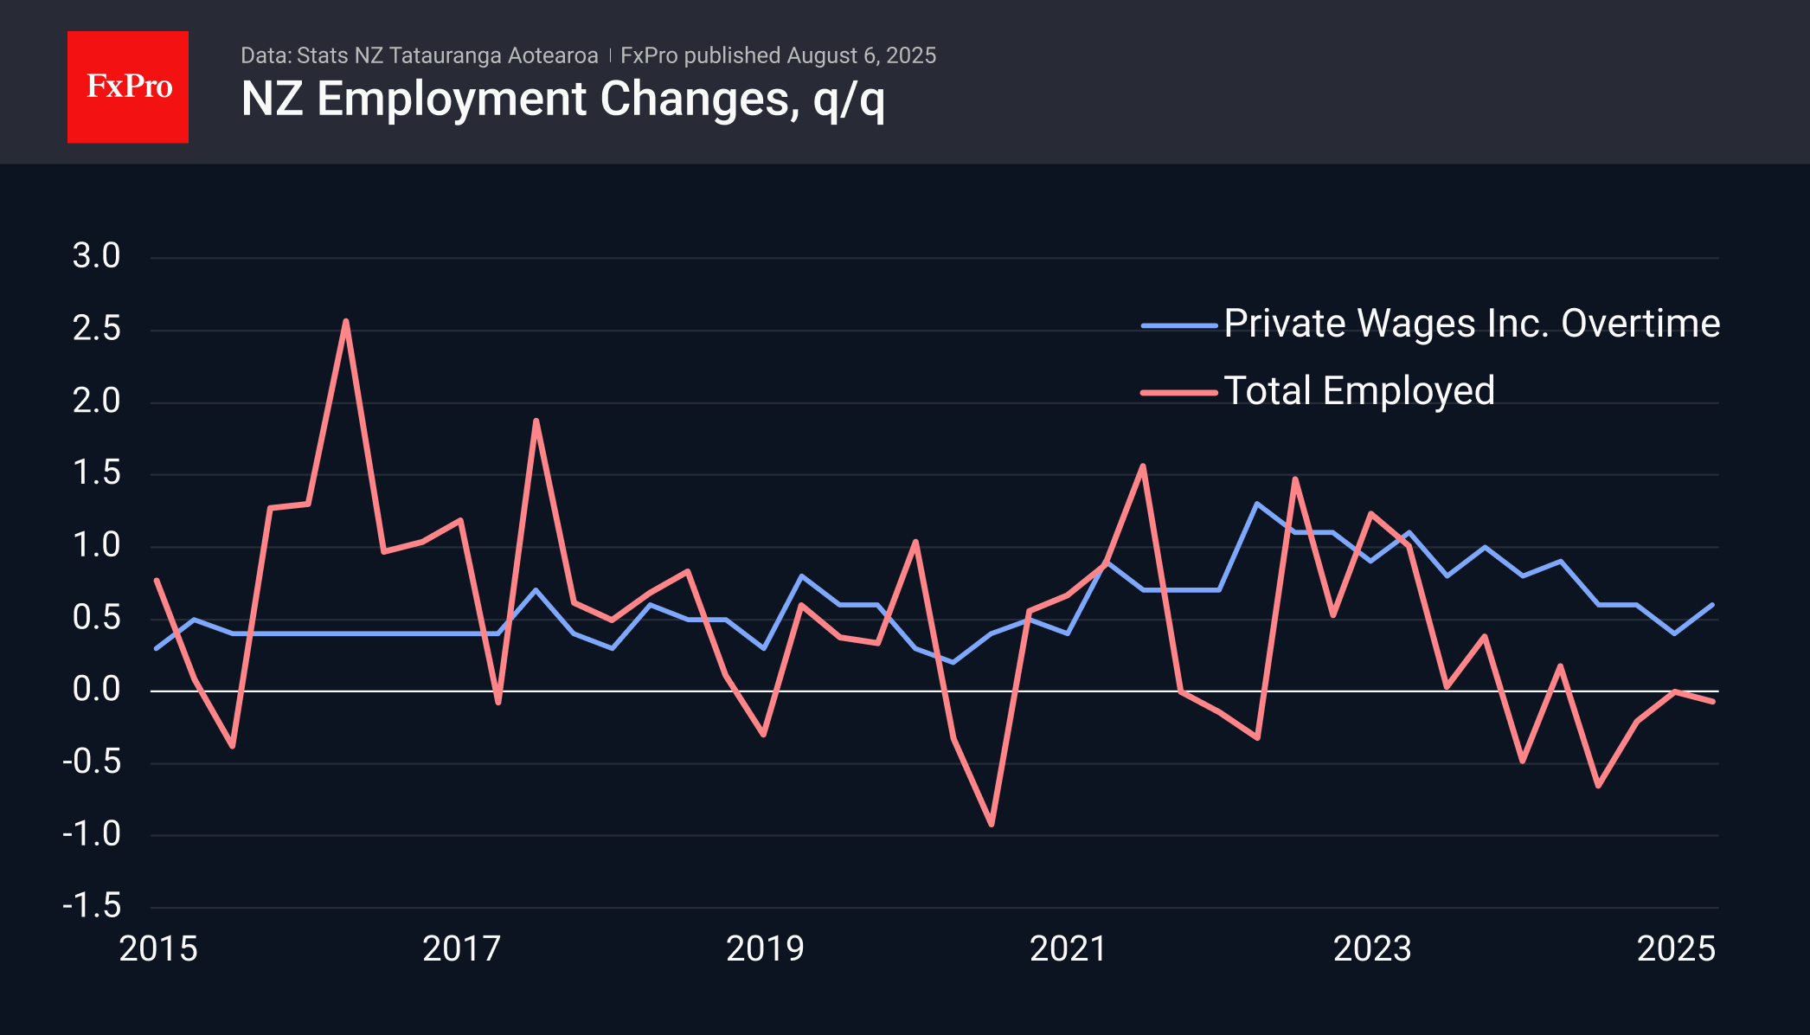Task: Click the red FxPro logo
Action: pyautogui.click(x=128, y=87)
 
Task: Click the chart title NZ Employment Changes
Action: pyautogui.click(x=562, y=100)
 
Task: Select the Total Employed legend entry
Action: pyautogui.click(x=1358, y=391)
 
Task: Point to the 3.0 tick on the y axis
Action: pyautogui.click(x=96, y=256)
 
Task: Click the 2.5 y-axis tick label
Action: pyautogui.click(x=96, y=329)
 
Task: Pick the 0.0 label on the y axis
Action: pyautogui.click(x=96, y=690)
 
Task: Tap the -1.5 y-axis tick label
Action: pyautogui.click(x=92, y=906)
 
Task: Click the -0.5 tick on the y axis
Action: pyautogui.click(x=92, y=762)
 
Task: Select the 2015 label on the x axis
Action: pyautogui.click(x=158, y=948)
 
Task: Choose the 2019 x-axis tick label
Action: pyautogui.click(x=765, y=948)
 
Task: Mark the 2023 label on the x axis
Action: pyautogui.click(x=1372, y=948)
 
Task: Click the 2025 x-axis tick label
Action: pyautogui.click(x=1676, y=948)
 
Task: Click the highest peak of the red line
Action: pyautogui.click(x=346, y=322)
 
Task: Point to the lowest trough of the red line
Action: pyautogui.click(x=992, y=824)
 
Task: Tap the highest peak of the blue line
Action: pyautogui.click(x=1256, y=504)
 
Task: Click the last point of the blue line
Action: pyautogui.click(x=1712, y=605)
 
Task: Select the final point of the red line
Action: pyautogui.click(x=1713, y=701)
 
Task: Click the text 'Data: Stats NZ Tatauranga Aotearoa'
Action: pyautogui.click(x=420, y=55)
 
